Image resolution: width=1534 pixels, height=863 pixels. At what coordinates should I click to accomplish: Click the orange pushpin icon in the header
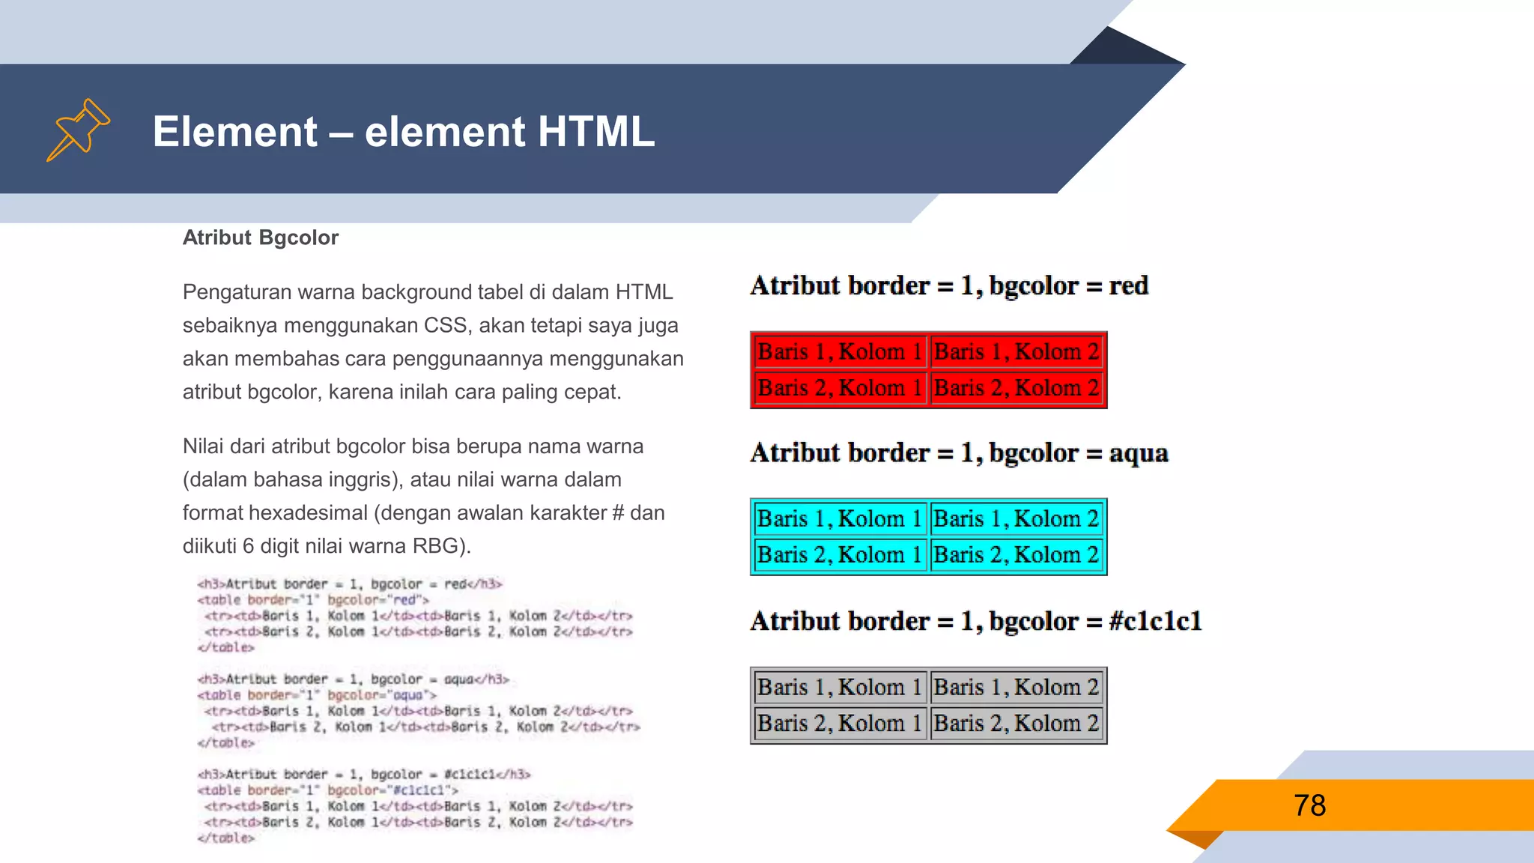point(79,130)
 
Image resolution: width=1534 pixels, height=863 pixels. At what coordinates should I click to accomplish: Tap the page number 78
point(1309,806)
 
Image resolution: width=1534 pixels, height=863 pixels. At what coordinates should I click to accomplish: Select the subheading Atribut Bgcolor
point(260,237)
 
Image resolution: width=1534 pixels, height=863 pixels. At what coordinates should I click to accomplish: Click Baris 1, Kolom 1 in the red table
point(840,351)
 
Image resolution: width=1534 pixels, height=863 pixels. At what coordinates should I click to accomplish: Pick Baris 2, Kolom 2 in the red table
point(1016,388)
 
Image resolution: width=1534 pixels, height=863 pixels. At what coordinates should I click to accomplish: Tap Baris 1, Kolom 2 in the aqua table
point(1016,518)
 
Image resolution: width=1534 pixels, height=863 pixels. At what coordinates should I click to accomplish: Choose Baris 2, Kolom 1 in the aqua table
point(840,555)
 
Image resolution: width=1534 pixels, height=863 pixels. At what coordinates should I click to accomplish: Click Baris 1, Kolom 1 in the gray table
point(840,687)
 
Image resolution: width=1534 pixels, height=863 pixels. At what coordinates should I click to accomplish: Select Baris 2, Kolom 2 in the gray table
point(1016,724)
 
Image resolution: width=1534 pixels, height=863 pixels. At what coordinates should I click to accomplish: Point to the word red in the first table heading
point(1128,285)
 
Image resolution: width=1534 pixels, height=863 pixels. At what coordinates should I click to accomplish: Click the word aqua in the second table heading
point(1138,453)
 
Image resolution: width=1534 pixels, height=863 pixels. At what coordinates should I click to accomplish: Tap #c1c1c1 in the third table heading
point(1155,621)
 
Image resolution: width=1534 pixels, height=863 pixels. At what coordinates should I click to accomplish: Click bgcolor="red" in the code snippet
point(378,600)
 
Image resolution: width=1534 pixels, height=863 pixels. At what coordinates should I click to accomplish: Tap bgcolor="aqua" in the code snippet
point(382,695)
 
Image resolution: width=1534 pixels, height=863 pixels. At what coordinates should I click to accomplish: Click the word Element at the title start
point(234,132)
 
